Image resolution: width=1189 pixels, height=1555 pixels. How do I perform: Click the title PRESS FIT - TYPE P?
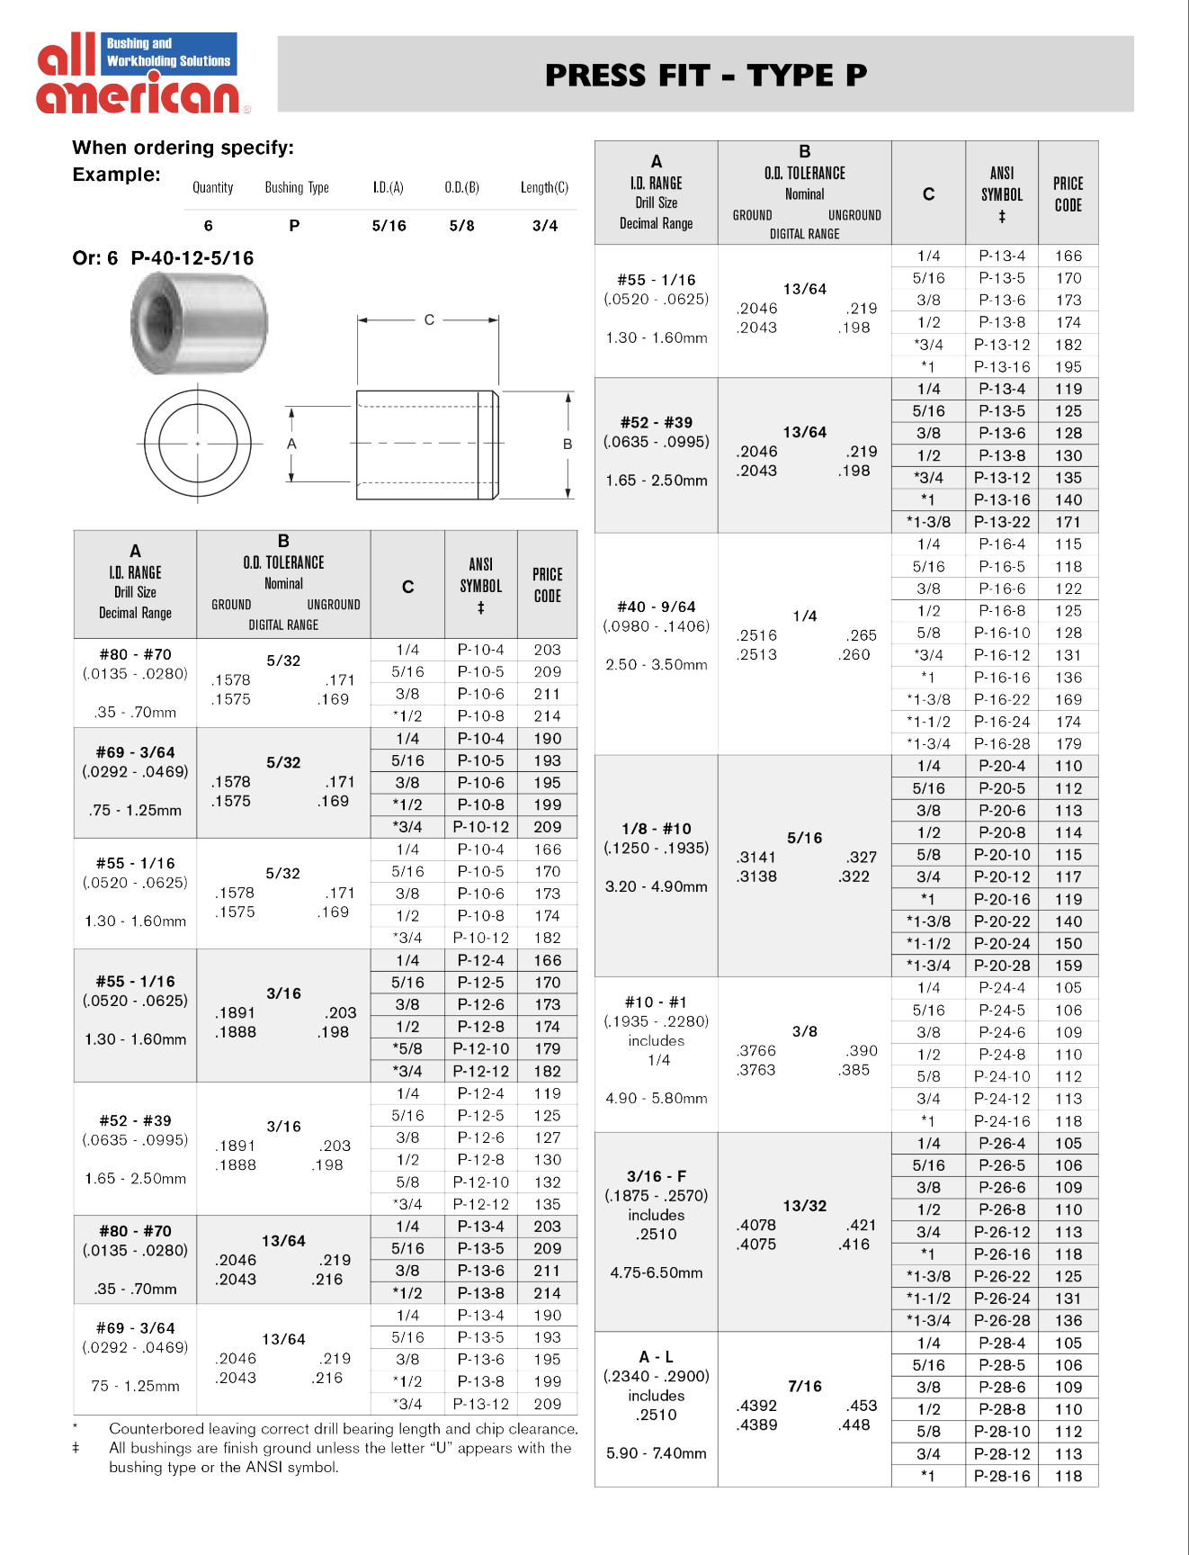coord(706,75)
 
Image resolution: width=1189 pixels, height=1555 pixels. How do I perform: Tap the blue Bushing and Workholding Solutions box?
coord(169,52)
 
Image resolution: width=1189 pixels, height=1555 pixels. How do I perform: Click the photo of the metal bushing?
coord(199,324)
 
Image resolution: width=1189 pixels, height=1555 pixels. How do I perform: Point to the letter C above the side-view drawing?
coord(429,319)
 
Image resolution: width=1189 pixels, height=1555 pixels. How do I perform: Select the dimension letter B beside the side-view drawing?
coord(568,444)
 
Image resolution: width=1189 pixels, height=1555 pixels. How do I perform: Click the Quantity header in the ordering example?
coord(213,188)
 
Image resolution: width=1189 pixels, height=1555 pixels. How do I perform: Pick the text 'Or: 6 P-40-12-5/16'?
coord(163,258)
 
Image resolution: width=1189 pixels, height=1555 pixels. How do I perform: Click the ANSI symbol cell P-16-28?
coord(1002,743)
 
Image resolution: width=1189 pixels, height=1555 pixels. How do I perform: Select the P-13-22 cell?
coord(1002,522)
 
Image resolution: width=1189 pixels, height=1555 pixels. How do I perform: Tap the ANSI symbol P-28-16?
coord(1002,1476)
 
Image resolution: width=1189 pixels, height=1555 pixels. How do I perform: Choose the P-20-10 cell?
coord(1002,855)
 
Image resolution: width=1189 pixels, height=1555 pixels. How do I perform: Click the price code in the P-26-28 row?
coord(1068,1320)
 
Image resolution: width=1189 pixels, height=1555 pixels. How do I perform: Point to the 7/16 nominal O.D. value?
coord(805,1386)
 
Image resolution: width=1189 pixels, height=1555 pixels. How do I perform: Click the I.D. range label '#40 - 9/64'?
coord(657,607)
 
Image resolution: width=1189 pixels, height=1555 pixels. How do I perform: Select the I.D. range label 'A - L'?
coord(657,1356)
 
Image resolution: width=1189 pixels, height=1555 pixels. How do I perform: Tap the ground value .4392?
coord(756,1406)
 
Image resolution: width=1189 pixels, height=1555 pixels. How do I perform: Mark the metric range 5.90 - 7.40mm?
coord(657,1452)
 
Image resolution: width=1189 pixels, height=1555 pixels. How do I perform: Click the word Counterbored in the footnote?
coord(156,1428)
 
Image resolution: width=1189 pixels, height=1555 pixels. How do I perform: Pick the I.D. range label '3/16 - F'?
coord(657,1176)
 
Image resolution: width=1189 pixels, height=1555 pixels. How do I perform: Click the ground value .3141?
coord(756,857)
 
